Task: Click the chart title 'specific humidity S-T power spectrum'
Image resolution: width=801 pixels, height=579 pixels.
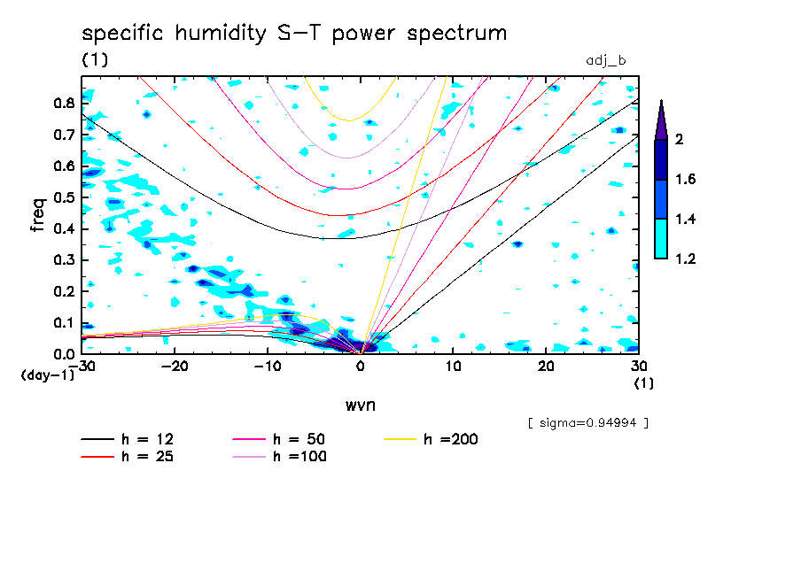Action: click(294, 34)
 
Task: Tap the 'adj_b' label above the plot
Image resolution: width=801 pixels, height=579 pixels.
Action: click(606, 60)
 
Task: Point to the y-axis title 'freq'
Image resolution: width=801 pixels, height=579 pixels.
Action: click(38, 214)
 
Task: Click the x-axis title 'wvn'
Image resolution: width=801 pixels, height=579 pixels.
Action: click(359, 405)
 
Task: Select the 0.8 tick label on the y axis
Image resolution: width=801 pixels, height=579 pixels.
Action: click(62, 103)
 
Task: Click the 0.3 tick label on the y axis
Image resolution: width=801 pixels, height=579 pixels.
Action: click(62, 260)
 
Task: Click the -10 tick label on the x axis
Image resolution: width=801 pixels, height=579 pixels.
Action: click(268, 367)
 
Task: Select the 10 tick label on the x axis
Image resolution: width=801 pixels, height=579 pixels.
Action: click(453, 367)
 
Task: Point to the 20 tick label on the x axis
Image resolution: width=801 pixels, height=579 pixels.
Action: click(546, 367)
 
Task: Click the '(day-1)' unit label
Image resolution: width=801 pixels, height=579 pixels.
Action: click(48, 375)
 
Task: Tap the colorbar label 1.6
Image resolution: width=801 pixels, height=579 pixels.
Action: click(685, 180)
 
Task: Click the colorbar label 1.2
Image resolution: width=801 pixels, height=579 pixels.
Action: click(685, 259)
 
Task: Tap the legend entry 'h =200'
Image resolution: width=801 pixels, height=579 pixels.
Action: click(432, 439)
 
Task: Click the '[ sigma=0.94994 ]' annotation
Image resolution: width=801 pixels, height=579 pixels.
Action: click(588, 423)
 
